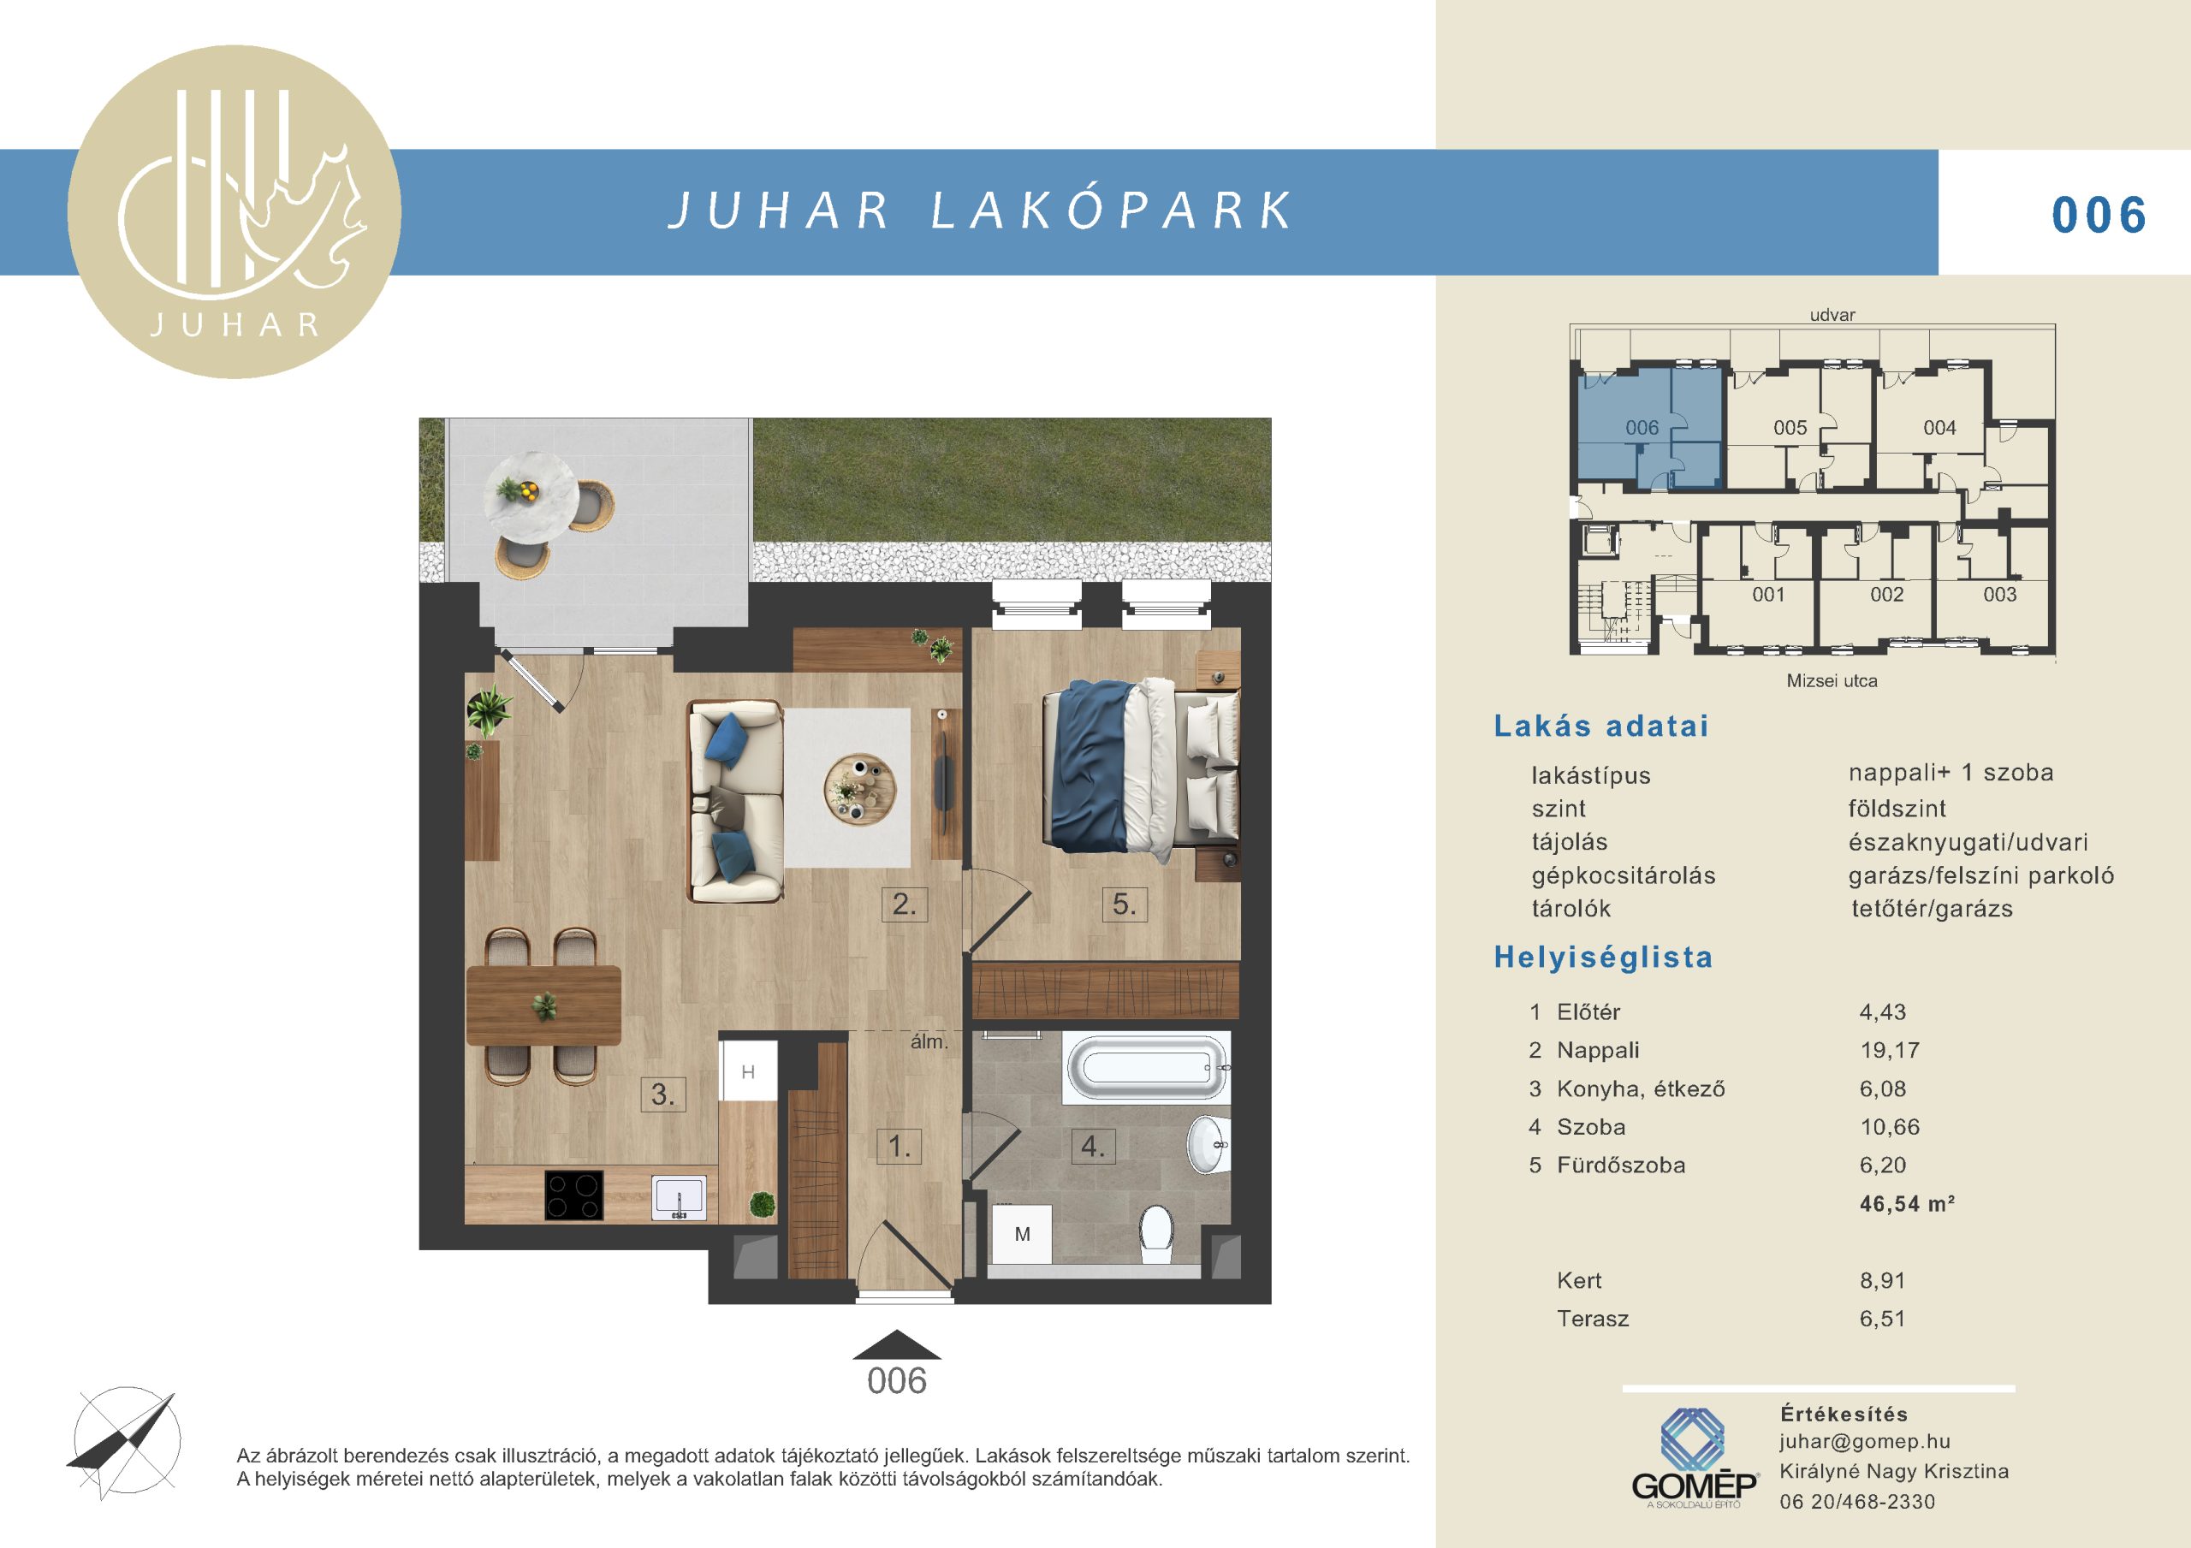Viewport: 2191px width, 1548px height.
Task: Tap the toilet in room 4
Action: click(1156, 1233)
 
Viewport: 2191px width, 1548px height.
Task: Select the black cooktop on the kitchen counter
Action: click(573, 1195)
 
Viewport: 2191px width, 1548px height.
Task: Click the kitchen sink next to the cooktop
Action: click(680, 1198)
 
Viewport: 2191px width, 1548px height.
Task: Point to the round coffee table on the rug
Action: click(860, 789)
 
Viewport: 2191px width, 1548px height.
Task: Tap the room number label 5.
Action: click(1124, 904)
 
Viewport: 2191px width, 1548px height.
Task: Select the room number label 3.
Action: click(662, 1094)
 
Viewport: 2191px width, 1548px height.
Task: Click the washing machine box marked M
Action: click(1022, 1234)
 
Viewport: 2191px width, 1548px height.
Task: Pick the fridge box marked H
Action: click(748, 1071)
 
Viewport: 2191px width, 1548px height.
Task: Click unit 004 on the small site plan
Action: click(1939, 428)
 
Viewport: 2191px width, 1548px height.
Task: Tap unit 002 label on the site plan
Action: click(1886, 595)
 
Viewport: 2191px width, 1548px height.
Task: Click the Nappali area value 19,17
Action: click(1890, 1051)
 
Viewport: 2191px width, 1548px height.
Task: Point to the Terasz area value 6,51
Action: click(1882, 1319)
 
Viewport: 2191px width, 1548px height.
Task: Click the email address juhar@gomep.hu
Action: click(1865, 1442)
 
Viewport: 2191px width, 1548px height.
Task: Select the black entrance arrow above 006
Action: click(896, 1344)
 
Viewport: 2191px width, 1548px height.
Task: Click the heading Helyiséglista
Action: click(1603, 958)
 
